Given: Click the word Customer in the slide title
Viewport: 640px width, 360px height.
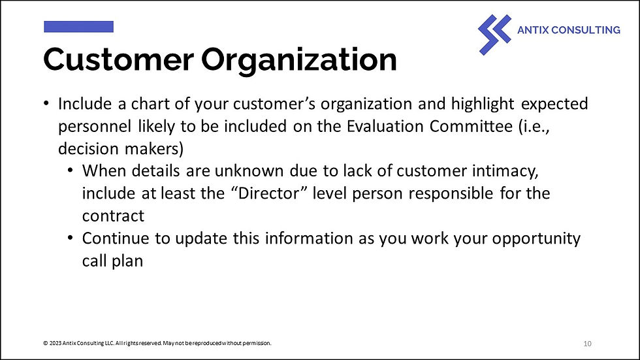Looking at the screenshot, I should click(118, 60).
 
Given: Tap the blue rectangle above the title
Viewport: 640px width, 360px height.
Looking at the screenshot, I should click(78, 27).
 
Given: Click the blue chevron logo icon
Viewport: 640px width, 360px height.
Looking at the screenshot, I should click(494, 34).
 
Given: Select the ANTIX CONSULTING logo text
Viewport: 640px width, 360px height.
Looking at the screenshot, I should click(568, 30).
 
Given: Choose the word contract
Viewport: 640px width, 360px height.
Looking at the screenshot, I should click(113, 216).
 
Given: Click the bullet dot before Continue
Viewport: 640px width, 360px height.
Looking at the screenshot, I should click(71, 238).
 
